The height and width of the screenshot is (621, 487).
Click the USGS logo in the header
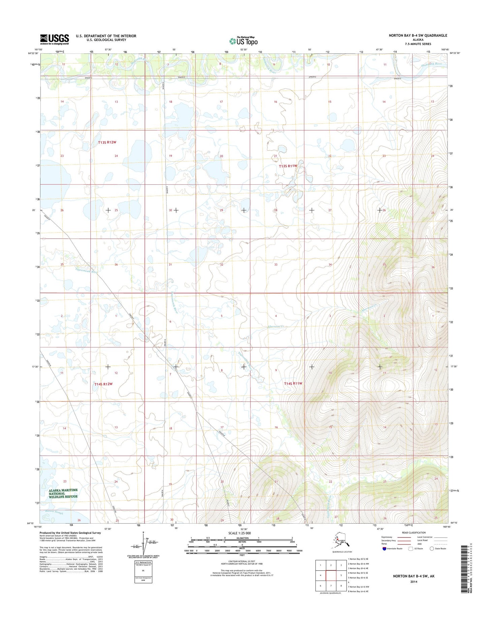[55, 39]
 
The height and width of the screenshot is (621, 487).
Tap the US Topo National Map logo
[243, 40]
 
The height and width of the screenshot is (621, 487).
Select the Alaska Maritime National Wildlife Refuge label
[63, 493]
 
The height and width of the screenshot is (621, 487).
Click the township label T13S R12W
[107, 143]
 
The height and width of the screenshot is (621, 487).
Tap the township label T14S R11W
[293, 384]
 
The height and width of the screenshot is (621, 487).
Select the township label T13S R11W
[288, 166]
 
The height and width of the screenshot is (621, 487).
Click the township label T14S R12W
[103, 384]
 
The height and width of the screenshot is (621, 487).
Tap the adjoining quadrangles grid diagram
[331, 575]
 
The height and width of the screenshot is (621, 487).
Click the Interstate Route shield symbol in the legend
[385, 549]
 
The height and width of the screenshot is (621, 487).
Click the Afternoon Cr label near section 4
[276, 326]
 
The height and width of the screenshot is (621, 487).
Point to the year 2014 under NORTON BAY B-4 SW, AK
[414, 582]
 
